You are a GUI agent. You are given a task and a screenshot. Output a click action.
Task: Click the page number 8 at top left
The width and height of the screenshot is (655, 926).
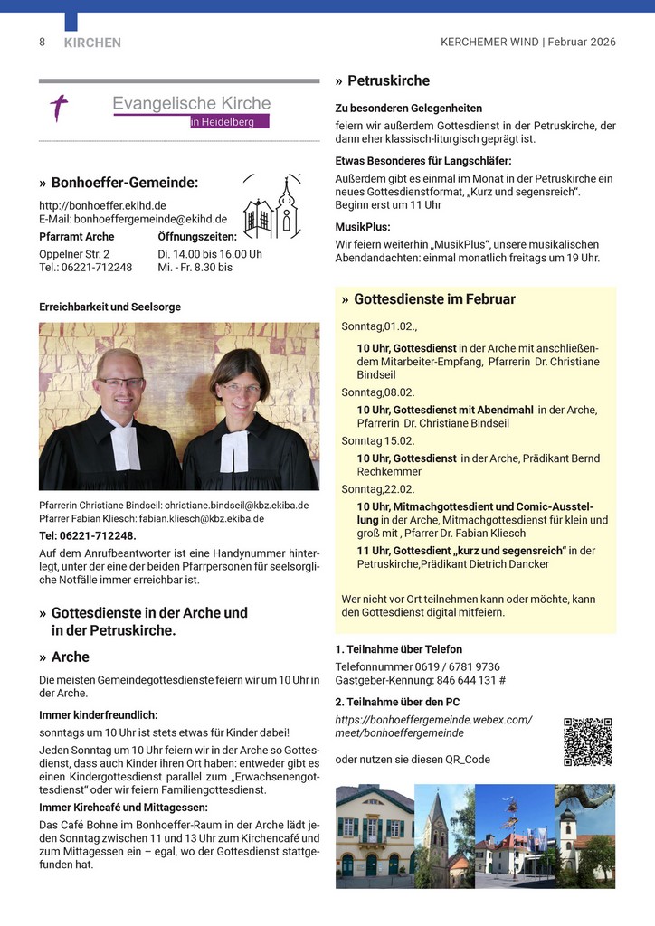pyautogui.click(x=42, y=42)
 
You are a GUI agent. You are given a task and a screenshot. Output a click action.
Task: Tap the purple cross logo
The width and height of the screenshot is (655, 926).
pyautogui.click(x=59, y=109)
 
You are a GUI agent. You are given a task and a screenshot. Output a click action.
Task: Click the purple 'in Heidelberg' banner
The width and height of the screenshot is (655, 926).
pyautogui.click(x=229, y=121)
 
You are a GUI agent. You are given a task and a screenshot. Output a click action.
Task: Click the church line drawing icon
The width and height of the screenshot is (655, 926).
pyautogui.click(x=272, y=210)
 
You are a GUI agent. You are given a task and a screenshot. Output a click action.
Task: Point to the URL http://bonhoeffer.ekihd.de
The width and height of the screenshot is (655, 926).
pyautogui.click(x=102, y=205)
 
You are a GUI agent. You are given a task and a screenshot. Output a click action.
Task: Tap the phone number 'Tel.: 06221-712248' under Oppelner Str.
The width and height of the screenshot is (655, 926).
pyautogui.click(x=86, y=268)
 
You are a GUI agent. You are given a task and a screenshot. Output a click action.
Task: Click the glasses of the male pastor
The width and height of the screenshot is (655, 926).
pyautogui.click(x=121, y=383)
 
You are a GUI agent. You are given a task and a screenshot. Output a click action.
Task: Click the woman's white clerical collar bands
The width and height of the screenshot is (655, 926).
pyautogui.click(x=233, y=450)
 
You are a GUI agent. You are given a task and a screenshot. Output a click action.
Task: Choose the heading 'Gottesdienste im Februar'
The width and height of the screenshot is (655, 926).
pyautogui.click(x=434, y=299)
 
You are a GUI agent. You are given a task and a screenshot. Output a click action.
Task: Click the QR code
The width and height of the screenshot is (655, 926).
pyautogui.click(x=587, y=742)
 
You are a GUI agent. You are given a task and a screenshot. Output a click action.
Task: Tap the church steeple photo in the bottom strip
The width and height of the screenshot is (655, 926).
pyautogui.click(x=443, y=836)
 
